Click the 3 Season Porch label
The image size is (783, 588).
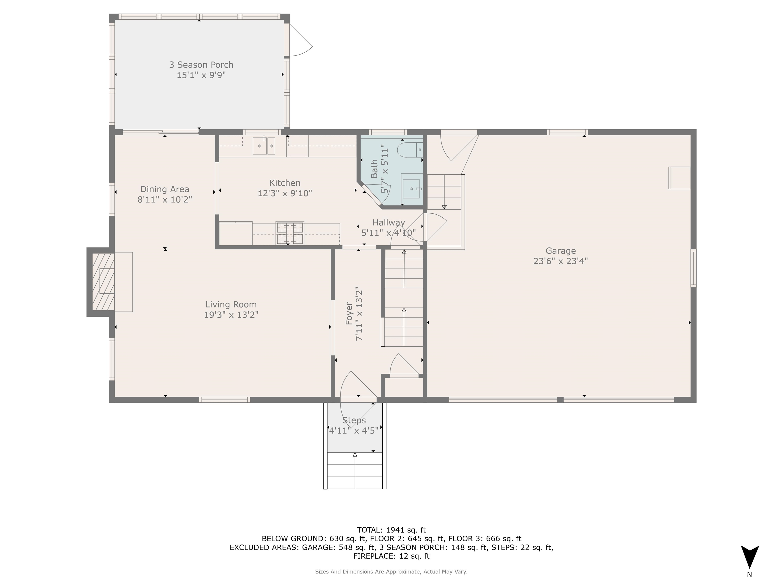coord(201,65)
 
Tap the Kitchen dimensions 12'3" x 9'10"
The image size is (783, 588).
coord(285,193)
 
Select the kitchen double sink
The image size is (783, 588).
coord(264,146)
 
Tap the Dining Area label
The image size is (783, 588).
coord(165,189)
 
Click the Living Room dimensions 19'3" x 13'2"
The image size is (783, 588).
coord(231,315)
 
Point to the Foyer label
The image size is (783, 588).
coord(349,313)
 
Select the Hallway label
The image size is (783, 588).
coord(388,223)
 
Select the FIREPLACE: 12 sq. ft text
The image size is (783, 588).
coord(391,556)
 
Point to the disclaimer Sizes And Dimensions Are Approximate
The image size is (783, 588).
coord(391,572)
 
